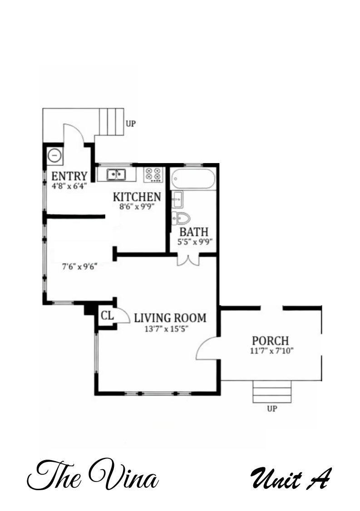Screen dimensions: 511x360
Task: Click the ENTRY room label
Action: pos(69,176)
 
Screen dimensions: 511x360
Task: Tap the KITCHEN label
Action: pos(137,197)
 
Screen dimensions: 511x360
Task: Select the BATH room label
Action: pos(194,232)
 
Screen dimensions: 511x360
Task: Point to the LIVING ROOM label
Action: pos(170,318)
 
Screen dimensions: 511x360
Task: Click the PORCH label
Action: pos(271,341)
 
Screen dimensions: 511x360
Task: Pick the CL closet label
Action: pos(107,316)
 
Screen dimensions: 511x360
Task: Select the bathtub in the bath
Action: pos(192,179)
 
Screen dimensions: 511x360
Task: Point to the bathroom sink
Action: pos(177,199)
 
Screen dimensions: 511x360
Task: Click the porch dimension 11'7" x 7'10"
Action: pos(271,351)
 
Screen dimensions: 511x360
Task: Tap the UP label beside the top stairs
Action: pos(131,123)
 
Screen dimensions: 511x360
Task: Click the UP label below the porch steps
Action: pos(272,409)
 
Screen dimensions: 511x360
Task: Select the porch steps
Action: pos(272,392)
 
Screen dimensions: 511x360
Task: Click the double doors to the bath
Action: pos(188,260)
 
